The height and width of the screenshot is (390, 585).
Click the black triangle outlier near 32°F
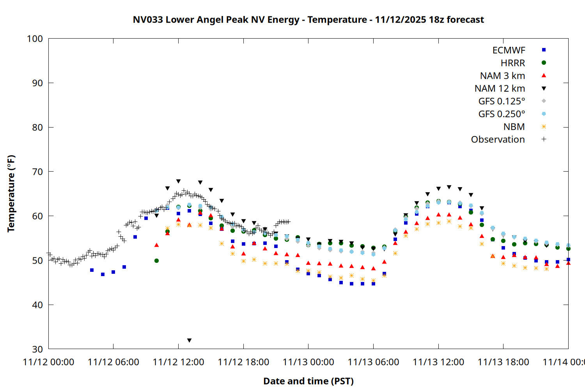(189, 340)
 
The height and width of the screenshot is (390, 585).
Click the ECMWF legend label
(509, 50)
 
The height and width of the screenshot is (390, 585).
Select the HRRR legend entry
(513, 63)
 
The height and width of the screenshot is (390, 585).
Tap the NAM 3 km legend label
(502, 76)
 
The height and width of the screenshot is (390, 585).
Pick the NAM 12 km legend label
(500, 89)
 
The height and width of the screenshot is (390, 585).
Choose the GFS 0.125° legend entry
(502, 101)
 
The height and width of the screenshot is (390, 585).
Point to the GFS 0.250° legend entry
(502, 114)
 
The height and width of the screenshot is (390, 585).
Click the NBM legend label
(514, 127)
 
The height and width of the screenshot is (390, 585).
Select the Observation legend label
(498, 140)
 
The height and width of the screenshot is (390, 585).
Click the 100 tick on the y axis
(35, 39)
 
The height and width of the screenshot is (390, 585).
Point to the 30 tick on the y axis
(37, 349)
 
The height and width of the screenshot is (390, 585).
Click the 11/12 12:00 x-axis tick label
(178, 362)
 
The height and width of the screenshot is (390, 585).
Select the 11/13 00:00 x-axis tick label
(308, 362)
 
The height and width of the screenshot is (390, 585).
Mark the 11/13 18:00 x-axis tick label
(503, 362)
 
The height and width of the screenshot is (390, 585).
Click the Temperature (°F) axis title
(11, 193)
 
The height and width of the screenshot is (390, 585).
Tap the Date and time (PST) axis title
(308, 381)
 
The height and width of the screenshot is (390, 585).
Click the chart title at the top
(308, 19)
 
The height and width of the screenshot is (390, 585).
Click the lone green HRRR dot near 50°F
(156, 261)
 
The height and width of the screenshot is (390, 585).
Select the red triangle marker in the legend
(544, 76)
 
